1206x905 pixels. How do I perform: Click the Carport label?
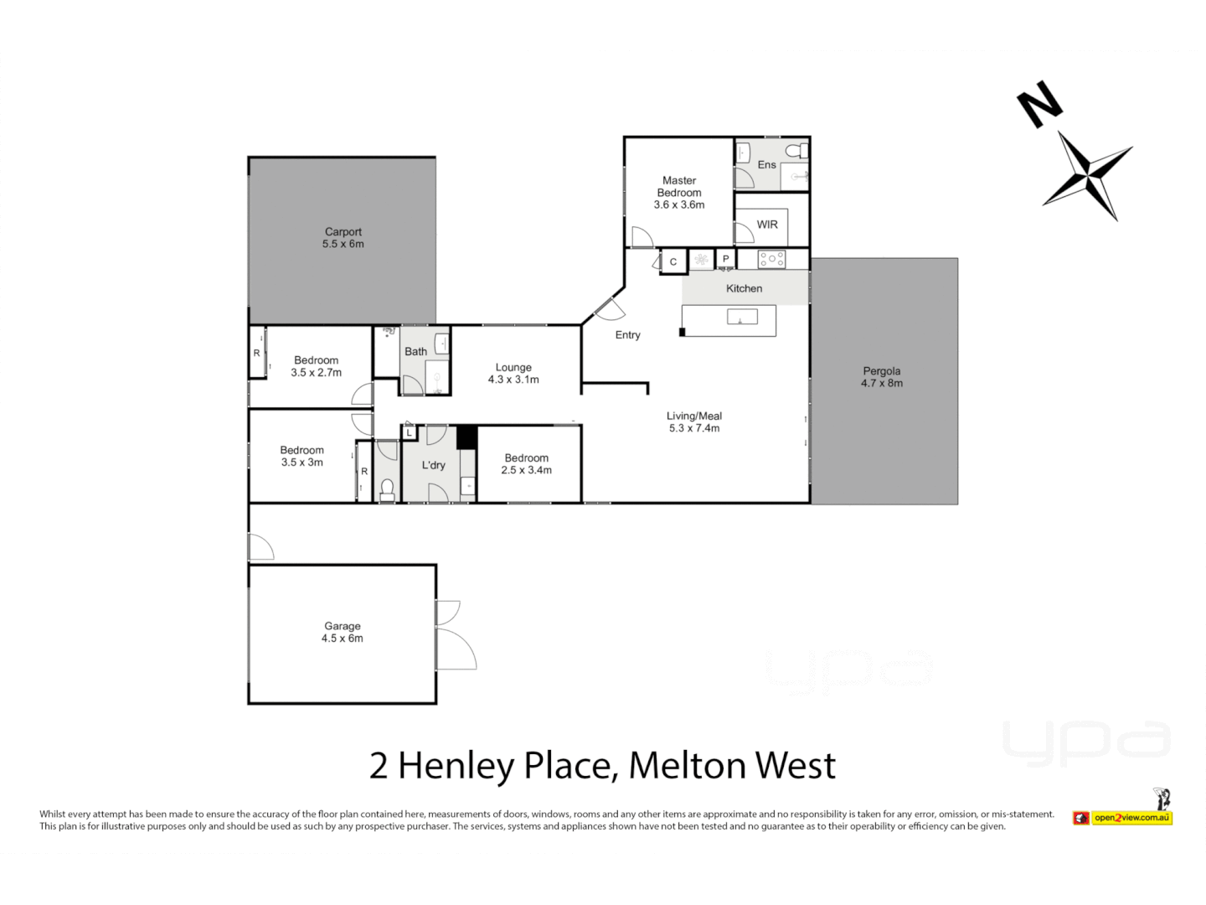343,238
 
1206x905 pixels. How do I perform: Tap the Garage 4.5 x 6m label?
343,632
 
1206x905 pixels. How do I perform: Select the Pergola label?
881,377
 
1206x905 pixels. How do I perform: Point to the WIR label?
767,225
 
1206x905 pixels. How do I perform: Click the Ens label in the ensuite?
766,165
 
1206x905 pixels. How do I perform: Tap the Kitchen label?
744,288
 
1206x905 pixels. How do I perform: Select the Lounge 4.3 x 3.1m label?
513,374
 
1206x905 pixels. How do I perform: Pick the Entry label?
627,335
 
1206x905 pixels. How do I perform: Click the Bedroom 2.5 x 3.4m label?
526,464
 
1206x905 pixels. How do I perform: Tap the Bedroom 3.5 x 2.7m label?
316,366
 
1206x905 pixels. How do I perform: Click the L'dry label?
433,465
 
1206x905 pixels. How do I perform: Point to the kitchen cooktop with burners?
771,260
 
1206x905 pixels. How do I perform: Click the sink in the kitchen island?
742,317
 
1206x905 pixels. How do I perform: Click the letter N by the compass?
1039,104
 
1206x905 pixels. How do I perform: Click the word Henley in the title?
456,766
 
